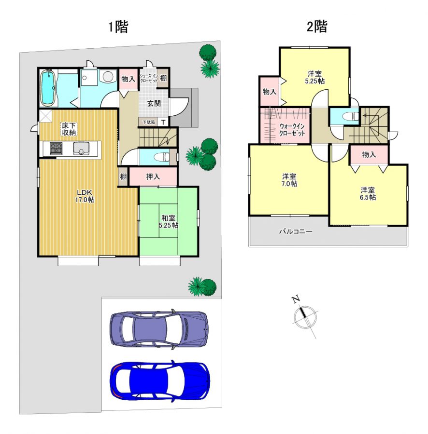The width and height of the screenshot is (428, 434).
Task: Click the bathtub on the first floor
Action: pyautogui.click(x=48, y=87)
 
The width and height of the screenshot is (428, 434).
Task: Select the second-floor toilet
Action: pyautogui.click(x=351, y=116)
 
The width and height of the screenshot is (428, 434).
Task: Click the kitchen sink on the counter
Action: pyautogui.click(x=81, y=149)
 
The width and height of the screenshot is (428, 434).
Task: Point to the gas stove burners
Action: pyautogui.click(x=56, y=149)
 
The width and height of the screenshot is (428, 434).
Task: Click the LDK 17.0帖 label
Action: pyautogui.click(x=85, y=196)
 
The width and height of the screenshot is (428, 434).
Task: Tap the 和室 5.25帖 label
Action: pyautogui.click(x=168, y=221)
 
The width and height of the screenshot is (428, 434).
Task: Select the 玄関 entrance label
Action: pyautogui.click(x=154, y=104)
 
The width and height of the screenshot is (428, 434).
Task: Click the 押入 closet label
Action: pyautogui.click(x=153, y=176)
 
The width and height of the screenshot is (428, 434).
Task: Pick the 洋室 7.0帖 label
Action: pyautogui.click(x=289, y=180)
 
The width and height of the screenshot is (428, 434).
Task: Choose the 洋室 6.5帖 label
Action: pyautogui.click(x=368, y=193)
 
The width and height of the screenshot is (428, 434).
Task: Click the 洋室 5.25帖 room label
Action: pyautogui.click(x=314, y=77)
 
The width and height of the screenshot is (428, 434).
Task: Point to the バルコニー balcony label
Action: pyautogui.click(x=296, y=231)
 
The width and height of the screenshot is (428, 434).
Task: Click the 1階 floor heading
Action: pyautogui.click(x=118, y=27)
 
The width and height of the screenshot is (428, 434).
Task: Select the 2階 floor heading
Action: pyautogui.click(x=317, y=27)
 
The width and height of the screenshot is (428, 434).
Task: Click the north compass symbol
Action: pyautogui.click(x=305, y=317)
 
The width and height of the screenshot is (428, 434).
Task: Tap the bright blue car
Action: pyautogui.click(x=160, y=381)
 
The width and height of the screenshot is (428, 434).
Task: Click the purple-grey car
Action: pyautogui.click(x=159, y=329)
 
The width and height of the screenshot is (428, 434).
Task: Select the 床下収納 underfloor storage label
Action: pyautogui.click(x=69, y=129)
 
